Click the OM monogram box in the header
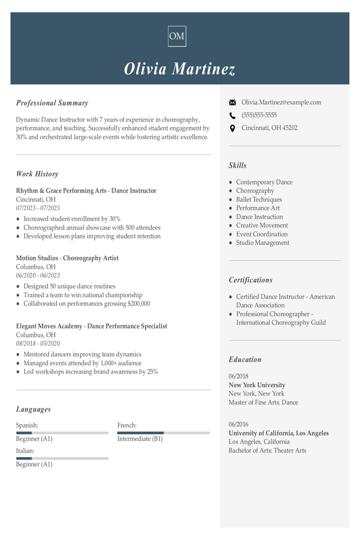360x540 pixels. pyautogui.click(x=177, y=36)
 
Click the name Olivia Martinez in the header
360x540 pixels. pyautogui.click(x=180, y=69)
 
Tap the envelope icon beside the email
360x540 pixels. pyautogui.click(x=232, y=103)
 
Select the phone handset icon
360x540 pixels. pyautogui.click(x=232, y=115)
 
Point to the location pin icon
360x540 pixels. pyautogui.click(x=232, y=128)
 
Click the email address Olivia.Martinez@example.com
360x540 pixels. pyautogui.click(x=281, y=103)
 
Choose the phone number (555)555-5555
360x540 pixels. pyautogui.click(x=259, y=115)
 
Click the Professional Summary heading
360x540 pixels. pyautogui.click(x=52, y=103)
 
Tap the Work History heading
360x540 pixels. pyautogui.click(x=37, y=174)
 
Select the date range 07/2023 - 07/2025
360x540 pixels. pyautogui.click(x=38, y=208)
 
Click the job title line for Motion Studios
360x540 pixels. pyautogui.click(x=67, y=258)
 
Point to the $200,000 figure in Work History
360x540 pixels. pyautogui.click(x=139, y=304)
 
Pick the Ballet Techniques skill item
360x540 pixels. pyautogui.click(x=259, y=200)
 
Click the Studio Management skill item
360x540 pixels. pyautogui.click(x=262, y=243)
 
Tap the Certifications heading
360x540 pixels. pyautogui.click(x=250, y=280)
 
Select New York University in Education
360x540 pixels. pyautogui.click(x=256, y=385)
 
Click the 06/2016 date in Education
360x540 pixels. pyautogui.click(x=239, y=425)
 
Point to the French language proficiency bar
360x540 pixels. pyautogui.click(x=163, y=433)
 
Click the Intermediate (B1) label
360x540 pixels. pyautogui.click(x=140, y=439)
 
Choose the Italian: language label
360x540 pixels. pyautogui.click(x=25, y=451)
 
